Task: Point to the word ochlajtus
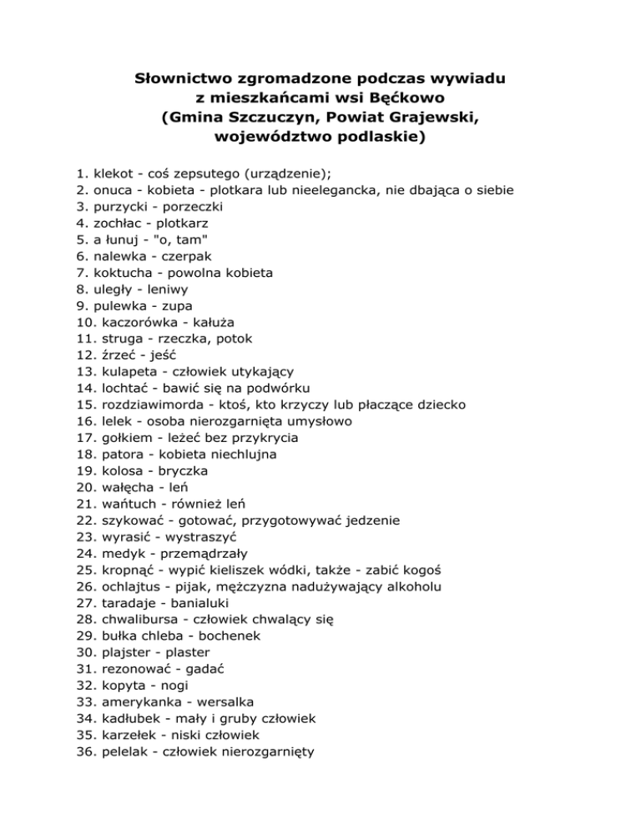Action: coord(134,586)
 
